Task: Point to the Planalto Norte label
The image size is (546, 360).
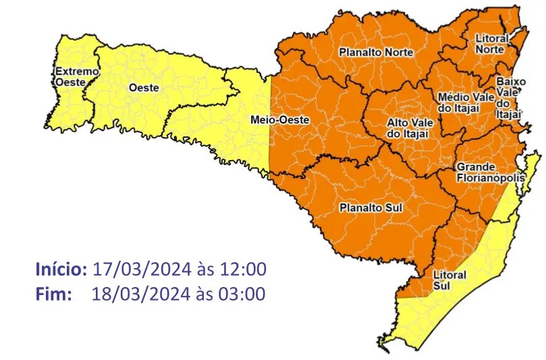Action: pyautogui.click(x=376, y=52)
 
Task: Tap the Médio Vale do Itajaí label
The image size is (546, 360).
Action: pyautogui.click(x=466, y=103)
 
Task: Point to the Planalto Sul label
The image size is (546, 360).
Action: pyautogui.click(x=371, y=208)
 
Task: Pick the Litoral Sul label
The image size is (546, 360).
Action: pyautogui.click(x=445, y=280)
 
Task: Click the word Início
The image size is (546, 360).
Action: pyautogui.click(x=61, y=269)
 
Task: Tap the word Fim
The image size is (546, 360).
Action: pyautogui.click(x=53, y=294)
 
